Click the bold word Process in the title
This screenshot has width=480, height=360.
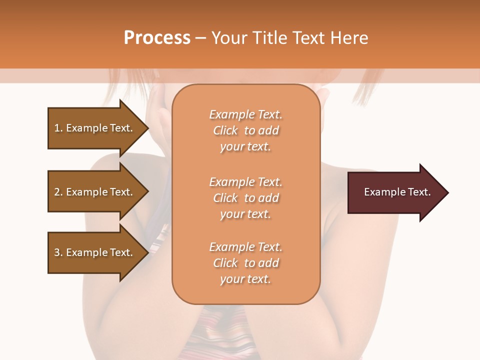pos(157,38)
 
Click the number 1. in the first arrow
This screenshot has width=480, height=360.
pos(58,128)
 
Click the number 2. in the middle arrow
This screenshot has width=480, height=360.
pos(58,192)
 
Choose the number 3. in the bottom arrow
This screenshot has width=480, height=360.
pos(58,252)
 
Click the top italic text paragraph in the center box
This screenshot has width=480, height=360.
pos(245,130)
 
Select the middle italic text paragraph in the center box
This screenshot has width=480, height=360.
pos(245,198)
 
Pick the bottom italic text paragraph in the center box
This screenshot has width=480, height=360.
pos(245,263)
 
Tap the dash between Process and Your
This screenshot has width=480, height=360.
pos(200,38)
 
